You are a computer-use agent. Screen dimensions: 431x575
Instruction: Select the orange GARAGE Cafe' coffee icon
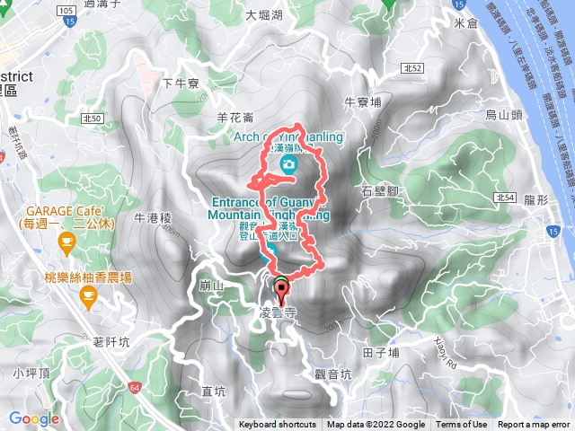coord(66,242)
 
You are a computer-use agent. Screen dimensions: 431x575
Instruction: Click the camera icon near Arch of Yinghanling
coord(288,163)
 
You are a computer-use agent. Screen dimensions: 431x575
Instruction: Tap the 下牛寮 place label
coord(179,84)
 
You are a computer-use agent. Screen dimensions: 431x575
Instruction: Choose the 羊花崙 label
coord(235,117)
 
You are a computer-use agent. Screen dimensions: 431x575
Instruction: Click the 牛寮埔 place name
coord(363,101)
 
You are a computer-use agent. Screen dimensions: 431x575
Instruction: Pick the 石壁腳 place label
coord(378,191)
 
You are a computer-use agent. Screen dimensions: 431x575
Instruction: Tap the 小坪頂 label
coord(31,372)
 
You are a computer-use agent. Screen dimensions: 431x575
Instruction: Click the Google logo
coord(34,418)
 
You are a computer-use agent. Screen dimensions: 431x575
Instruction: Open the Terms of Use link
coord(462,425)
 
